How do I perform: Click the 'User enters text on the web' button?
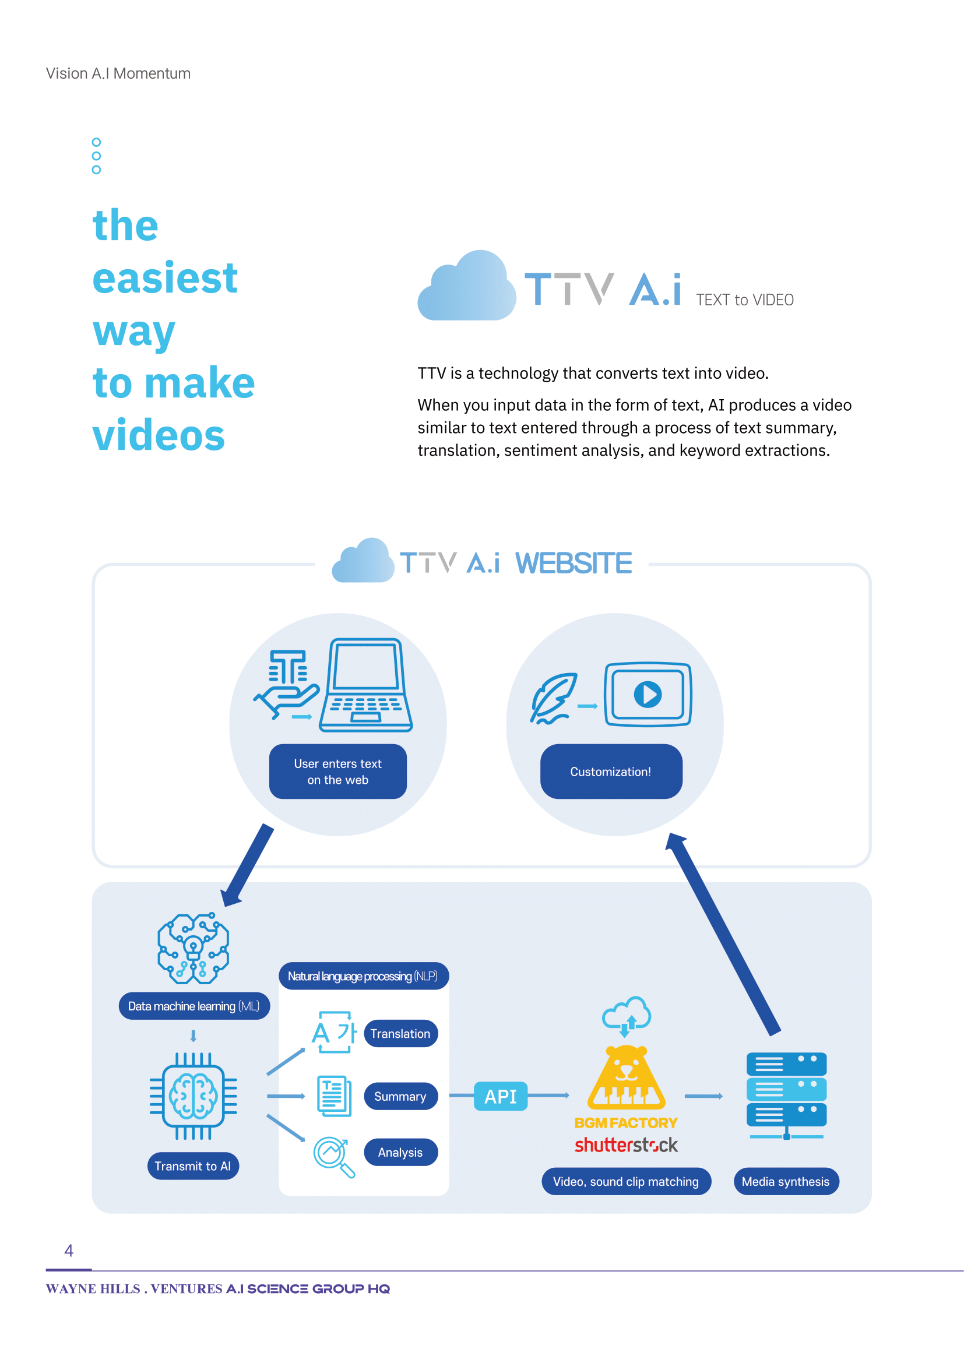[338, 771]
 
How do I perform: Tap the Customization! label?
[611, 771]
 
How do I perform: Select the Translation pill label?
[400, 1034]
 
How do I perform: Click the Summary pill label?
[400, 1096]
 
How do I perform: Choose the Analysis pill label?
[400, 1152]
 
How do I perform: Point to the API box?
[501, 1096]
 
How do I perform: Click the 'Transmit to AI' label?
[193, 1166]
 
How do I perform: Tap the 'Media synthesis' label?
[786, 1181]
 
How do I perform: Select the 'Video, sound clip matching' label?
[625, 1181]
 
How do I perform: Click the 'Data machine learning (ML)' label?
[194, 1006]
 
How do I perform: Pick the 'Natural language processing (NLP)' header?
[363, 976]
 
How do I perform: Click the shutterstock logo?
[626, 1144]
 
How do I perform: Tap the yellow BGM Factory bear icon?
[626, 1077]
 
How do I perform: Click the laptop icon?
[365, 685]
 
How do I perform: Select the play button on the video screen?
[648, 694]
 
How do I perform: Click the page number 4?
[69, 1251]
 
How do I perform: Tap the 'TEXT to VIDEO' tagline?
[744, 300]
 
